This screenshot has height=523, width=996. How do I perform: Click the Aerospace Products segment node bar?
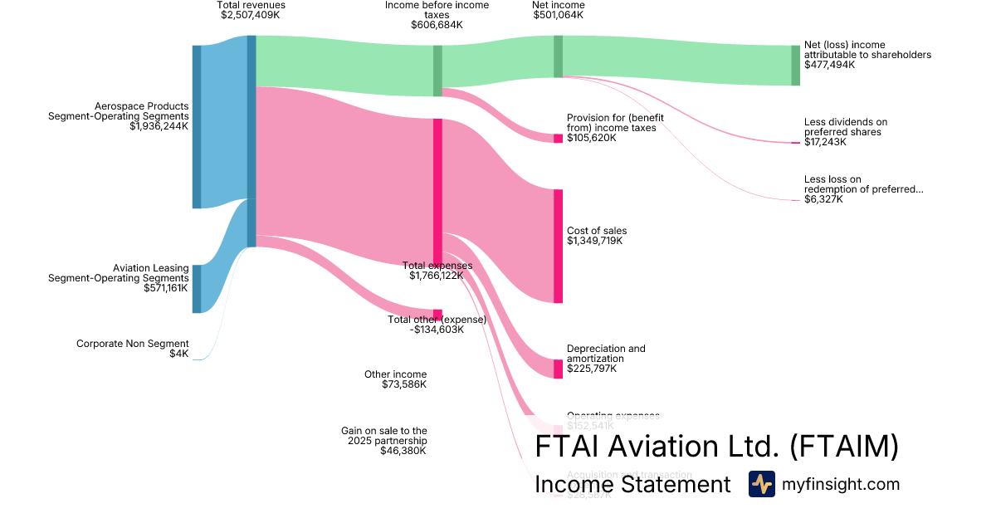[197, 126]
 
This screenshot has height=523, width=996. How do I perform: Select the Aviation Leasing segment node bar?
[197, 289]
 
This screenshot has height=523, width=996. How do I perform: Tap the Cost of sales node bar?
[558, 246]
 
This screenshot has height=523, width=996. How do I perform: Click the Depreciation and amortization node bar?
[558, 369]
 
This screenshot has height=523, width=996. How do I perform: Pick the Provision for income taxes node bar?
[558, 138]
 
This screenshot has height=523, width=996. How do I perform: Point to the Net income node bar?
[558, 56]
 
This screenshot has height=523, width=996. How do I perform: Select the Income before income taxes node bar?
[437, 71]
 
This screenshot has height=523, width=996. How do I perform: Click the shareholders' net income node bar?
[795, 65]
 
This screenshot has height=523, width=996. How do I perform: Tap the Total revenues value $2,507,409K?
[251, 15]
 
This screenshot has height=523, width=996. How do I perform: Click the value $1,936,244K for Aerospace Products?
[159, 127]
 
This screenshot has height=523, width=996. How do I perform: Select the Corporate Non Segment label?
[133, 344]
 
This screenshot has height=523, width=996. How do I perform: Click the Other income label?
[395, 374]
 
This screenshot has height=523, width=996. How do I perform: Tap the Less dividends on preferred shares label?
[845, 127]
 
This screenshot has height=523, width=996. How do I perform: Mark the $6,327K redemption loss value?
[823, 199]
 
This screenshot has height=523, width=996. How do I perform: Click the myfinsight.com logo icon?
[761, 484]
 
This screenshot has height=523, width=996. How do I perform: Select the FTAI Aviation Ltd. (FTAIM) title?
[716, 447]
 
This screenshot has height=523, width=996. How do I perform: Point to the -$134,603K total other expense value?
[437, 330]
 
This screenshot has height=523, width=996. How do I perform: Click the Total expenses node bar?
[437, 191]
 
